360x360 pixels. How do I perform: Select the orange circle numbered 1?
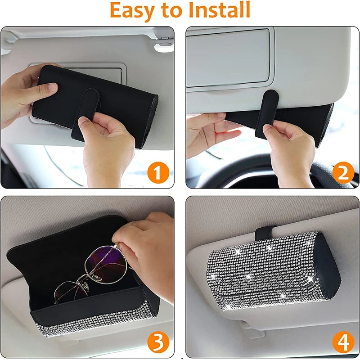[x=158, y=172]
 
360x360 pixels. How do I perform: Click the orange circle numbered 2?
[x=343, y=172]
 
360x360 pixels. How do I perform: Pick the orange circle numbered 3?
[x=158, y=342]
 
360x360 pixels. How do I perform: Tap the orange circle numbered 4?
[x=343, y=342]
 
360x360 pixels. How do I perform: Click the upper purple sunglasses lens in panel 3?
[x=106, y=264]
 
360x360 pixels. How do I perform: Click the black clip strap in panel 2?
[x=266, y=114]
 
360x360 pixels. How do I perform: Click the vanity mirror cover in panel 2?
[x=228, y=58]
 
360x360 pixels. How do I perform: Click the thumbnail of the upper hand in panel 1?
[x=52, y=87]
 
